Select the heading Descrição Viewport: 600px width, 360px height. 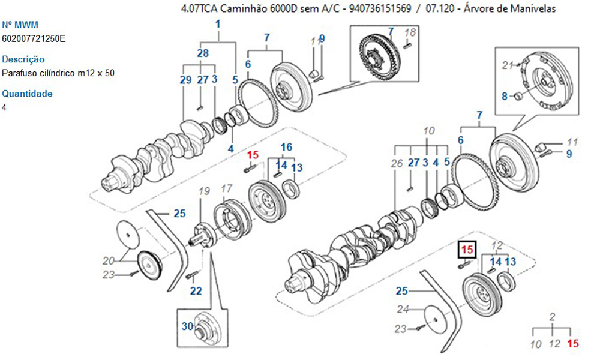pyautogui.click(x=23, y=59)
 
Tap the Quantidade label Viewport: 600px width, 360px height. pyautogui.click(x=27, y=94)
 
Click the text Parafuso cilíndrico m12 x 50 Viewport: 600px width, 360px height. pyautogui.click(x=58, y=73)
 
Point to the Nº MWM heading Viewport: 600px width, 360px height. pyautogui.click(x=20, y=25)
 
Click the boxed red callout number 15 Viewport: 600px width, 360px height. pyautogui.click(x=467, y=249)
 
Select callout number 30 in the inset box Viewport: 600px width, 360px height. pyautogui.click(x=188, y=326)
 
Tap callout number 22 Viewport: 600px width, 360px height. pyautogui.click(x=196, y=292)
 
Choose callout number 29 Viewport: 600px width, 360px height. pyautogui.click(x=185, y=80)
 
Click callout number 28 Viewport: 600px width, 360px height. pyautogui.click(x=203, y=53)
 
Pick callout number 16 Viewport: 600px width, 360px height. pyautogui.click(x=286, y=147)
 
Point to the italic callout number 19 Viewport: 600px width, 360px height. pyautogui.click(x=204, y=191)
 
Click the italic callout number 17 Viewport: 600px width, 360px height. pyautogui.click(x=226, y=188)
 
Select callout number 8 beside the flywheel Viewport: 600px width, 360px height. pyautogui.click(x=505, y=95)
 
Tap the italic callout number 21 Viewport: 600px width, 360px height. pyautogui.click(x=508, y=65)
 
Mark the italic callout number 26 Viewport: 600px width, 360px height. pyautogui.click(x=397, y=163)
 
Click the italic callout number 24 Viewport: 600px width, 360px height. pyautogui.click(x=403, y=310)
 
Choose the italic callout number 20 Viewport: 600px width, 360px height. pyautogui.click(x=108, y=260)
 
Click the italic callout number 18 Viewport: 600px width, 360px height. pyautogui.click(x=410, y=32)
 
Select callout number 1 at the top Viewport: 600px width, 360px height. pyautogui.click(x=218, y=24)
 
